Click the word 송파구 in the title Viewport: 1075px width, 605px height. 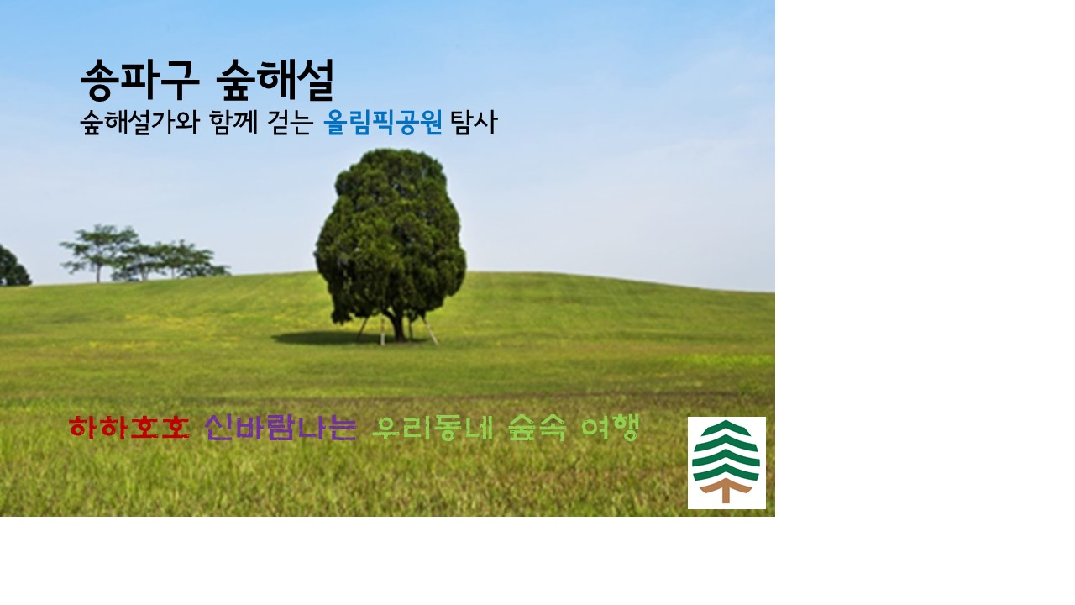point(139,81)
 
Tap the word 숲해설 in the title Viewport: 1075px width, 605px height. point(275,81)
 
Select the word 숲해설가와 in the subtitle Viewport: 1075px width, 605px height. point(139,124)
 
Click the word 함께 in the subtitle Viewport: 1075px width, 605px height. point(232,124)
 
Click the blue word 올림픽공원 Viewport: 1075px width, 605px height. point(383,124)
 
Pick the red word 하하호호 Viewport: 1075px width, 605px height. point(128,428)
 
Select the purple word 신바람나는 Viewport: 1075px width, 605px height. point(281,428)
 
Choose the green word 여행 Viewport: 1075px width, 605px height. point(610,428)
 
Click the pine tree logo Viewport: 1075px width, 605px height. point(726,462)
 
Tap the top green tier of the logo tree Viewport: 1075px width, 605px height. point(726,429)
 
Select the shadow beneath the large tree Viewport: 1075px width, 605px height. point(328,339)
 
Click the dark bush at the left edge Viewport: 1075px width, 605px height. point(12,267)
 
